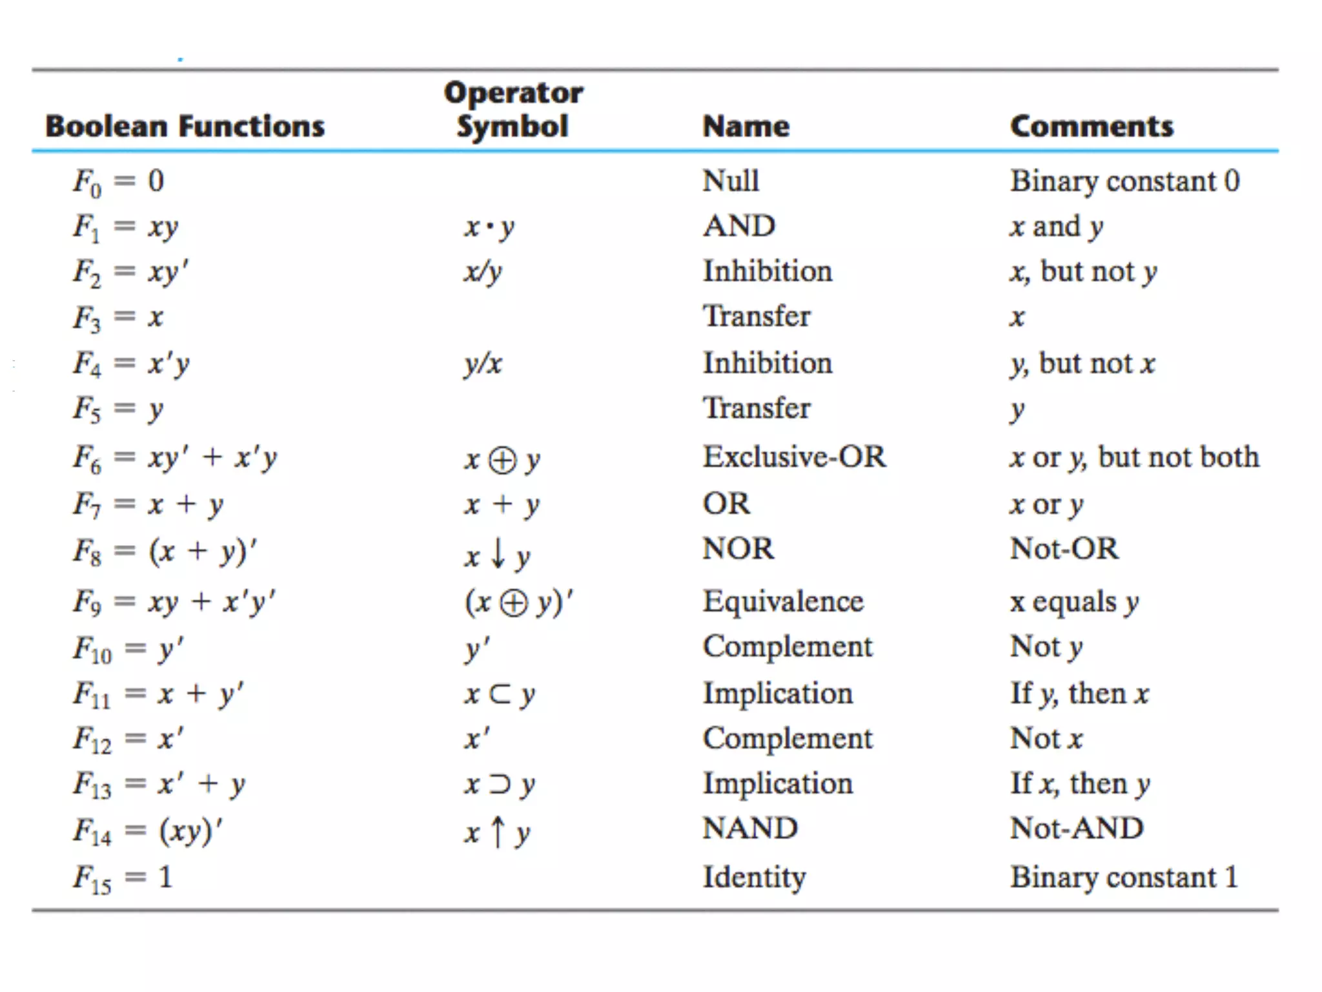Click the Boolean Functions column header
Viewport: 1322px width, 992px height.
185,126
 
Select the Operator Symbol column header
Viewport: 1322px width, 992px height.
513,109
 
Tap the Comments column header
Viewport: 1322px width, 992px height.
1092,126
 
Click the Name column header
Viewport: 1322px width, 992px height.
746,126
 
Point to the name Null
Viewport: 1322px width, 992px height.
731,181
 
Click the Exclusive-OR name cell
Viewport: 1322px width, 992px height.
795,457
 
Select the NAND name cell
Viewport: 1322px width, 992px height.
750,828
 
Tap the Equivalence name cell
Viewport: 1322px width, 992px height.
783,601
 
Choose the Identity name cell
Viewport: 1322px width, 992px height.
754,877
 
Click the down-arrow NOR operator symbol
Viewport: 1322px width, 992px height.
497,554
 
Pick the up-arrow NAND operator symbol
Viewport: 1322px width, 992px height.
497,832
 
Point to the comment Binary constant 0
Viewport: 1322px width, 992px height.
1125,181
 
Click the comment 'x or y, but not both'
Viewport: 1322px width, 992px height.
1134,457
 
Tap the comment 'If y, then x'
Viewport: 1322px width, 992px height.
1080,694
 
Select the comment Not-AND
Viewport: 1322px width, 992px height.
1077,828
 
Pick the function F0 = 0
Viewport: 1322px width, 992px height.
119,181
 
